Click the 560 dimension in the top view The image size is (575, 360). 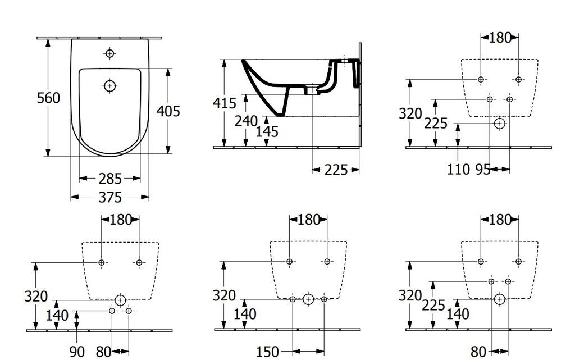[x=48, y=98]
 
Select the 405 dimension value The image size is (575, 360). [x=168, y=111]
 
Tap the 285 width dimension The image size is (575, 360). [x=110, y=179]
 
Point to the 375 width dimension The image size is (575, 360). [x=110, y=198]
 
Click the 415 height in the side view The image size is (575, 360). [x=225, y=103]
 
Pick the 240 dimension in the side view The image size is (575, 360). [x=246, y=121]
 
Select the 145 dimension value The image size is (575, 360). [x=267, y=131]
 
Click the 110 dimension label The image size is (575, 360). [x=458, y=170]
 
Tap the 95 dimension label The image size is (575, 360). [x=483, y=170]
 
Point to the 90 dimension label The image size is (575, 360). [x=77, y=352]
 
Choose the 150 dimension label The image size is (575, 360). [x=267, y=352]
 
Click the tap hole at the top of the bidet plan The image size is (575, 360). [x=109, y=53]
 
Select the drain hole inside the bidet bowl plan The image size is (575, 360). [x=109, y=86]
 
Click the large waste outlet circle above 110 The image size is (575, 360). [x=499, y=124]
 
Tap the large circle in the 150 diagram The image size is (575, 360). [x=308, y=299]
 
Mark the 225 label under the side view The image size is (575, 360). [x=336, y=170]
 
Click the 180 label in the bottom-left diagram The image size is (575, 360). [x=121, y=220]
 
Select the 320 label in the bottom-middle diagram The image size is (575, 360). [x=224, y=295]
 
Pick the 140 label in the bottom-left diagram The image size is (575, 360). [x=57, y=315]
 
